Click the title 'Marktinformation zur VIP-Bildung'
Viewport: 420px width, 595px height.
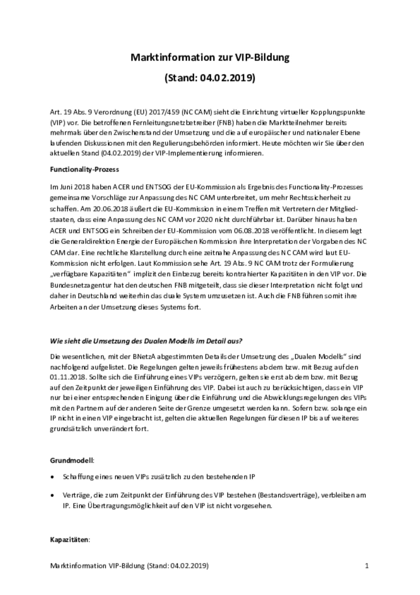210,57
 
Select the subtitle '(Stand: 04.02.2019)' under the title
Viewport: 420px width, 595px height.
210,78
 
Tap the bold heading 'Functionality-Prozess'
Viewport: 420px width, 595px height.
84,170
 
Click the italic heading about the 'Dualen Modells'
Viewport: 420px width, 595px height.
146,341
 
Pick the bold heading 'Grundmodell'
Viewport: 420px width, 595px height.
71,460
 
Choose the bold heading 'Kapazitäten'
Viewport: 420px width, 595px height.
69,540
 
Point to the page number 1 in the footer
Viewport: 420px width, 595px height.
367,566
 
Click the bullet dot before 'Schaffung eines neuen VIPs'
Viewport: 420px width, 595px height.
52,477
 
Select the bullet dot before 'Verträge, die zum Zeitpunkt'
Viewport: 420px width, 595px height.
52,495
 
